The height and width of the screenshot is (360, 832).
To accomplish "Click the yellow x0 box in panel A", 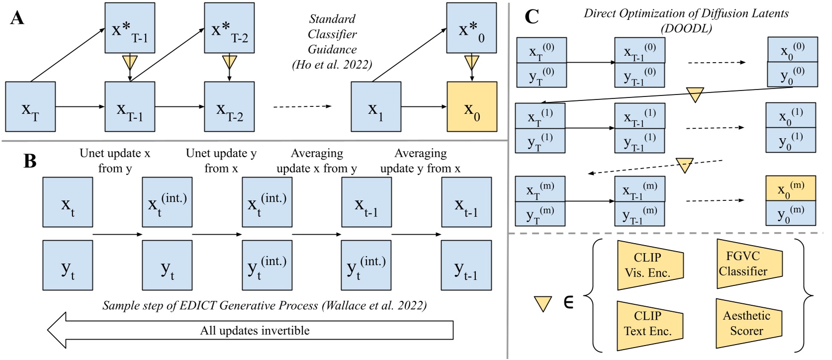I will [471, 107].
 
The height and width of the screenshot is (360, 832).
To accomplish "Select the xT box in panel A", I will [30, 107].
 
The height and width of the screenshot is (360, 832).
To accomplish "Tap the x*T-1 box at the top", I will [130, 28].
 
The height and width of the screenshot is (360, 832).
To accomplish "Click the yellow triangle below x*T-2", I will [229, 62].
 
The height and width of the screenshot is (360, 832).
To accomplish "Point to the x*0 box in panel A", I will [471, 28].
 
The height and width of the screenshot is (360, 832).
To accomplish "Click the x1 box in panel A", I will [375, 107].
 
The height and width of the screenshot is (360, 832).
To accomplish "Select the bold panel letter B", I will [30, 161].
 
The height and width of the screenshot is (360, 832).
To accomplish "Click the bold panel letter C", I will [532, 17].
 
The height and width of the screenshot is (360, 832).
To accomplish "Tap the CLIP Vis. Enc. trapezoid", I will [649, 265].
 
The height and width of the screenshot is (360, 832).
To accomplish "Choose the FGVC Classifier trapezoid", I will [748, 264].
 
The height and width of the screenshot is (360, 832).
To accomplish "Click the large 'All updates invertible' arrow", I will [255, 330].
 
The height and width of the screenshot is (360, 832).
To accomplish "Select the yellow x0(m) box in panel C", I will [790, 188].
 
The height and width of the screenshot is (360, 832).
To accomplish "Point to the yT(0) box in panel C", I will [541, 75].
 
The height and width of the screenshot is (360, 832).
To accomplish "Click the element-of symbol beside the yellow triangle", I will [568, 302].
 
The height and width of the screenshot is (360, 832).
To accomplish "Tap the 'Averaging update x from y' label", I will [317, 161].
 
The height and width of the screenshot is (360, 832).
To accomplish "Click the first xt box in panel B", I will [68, 202].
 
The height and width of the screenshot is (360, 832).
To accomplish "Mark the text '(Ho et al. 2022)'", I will [332, 65].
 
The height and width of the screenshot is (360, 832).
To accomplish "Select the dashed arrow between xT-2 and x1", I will [302, 106].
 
